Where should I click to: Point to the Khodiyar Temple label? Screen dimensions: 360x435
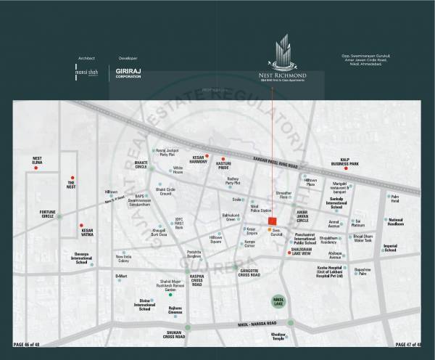tap(279, 336)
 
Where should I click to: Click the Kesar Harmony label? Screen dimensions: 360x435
tap(192, 158)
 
